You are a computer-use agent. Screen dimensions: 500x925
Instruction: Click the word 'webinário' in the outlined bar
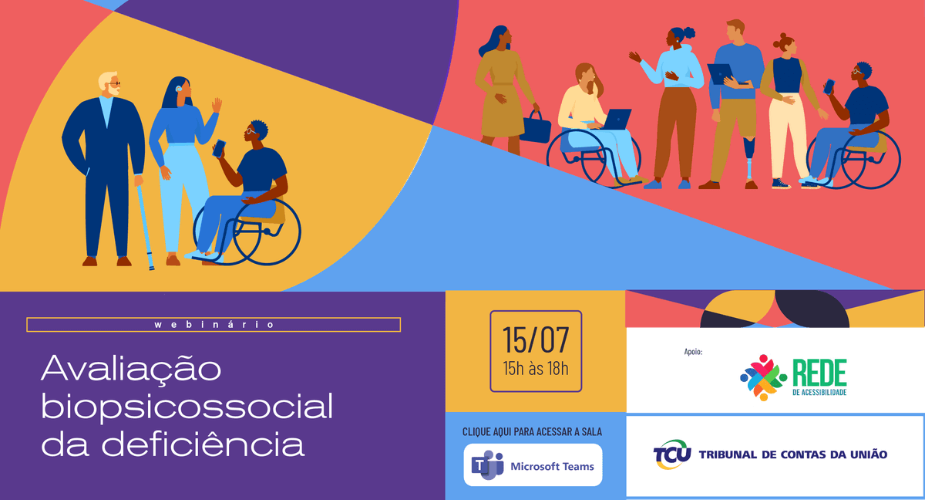(x=214, y=325)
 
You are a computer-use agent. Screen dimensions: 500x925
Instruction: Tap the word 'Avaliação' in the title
(x=131, y=369)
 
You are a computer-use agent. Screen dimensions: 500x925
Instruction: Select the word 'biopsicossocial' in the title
(x=187, y=407)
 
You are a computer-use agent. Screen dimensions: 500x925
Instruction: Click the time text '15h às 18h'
(x=536, y=367)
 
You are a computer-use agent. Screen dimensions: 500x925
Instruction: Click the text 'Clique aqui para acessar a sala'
(x=532, y=431)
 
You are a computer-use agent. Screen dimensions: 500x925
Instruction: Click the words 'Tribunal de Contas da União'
(x=792, y=454)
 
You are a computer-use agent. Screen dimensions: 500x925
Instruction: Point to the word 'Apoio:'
(x=693, y=352)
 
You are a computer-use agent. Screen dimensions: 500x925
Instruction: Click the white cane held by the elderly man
(x=145, y=224)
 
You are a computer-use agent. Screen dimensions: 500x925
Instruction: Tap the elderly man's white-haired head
(x=108, y=84)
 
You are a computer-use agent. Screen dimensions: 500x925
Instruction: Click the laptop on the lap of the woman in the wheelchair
(x=616, y=119)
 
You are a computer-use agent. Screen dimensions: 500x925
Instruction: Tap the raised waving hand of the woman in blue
(x=217, y=105)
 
